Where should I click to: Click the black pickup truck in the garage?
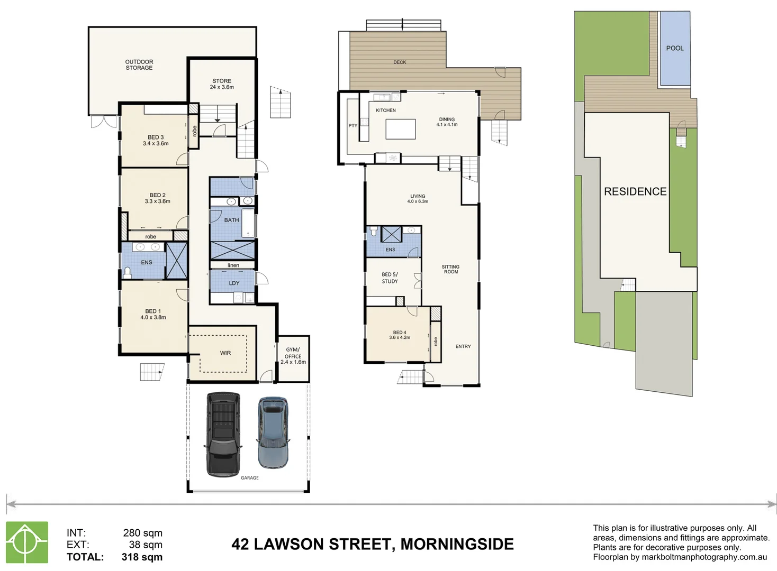[223, 434]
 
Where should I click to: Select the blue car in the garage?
[273, 432]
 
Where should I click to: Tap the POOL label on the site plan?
[674, 48]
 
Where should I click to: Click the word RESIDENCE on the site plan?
[635, 191]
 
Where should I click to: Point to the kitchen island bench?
[400, 129]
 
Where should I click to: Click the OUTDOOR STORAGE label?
[139, 65]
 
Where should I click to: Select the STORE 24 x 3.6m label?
[222, 84]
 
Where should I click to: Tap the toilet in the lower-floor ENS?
[127, 272]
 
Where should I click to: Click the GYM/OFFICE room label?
[293, 356]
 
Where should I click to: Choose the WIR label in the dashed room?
[225, 353]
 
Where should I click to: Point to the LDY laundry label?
[234, 283]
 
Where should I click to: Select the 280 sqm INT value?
[142, 533]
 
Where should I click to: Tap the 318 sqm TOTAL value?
[142, 557]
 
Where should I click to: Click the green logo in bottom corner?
[27, 542]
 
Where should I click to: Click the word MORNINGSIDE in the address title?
[457, 544]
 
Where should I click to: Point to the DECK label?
[400, 62]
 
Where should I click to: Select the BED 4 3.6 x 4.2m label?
[400, 335]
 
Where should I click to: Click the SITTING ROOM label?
[450, 269]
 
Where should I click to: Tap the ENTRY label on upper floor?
[463, 346]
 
